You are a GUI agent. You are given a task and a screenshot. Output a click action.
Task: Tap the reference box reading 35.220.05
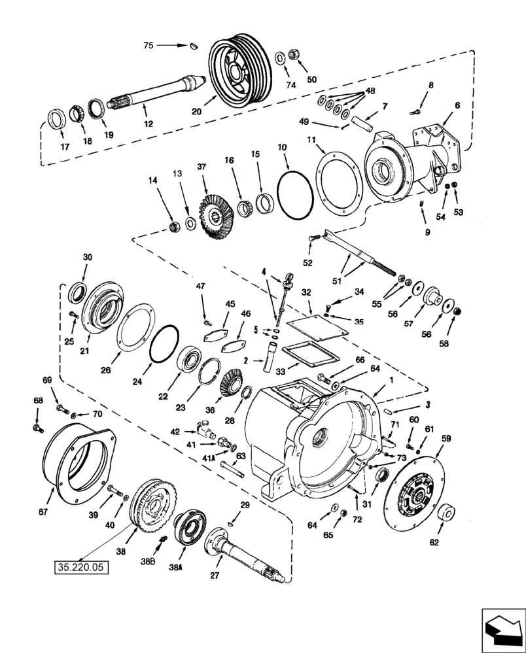80,567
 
